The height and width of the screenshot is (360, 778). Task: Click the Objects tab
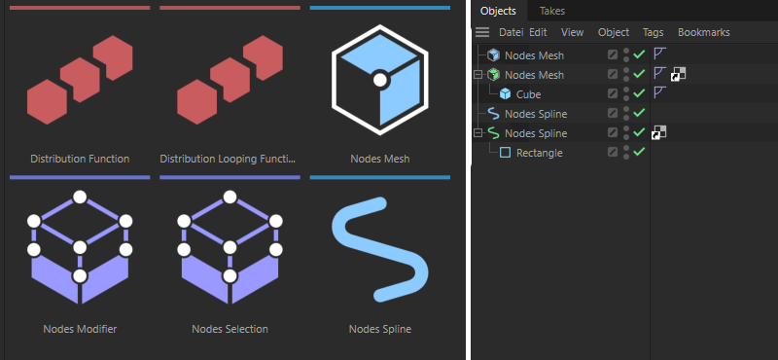(x=498, y=11)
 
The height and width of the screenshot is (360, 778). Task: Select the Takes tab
(x=552, y=11)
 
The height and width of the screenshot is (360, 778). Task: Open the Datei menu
(x=512, y=32)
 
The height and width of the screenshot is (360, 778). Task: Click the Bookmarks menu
(x=703, y=32)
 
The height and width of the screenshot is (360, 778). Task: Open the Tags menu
(x=653, y=32)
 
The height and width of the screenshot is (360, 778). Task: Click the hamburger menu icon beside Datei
(x=482, y=32)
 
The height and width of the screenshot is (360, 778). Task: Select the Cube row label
(x=528, y=94)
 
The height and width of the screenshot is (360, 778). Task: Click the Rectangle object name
(x=540, y=153)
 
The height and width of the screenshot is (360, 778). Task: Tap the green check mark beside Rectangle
(x=639, y=152)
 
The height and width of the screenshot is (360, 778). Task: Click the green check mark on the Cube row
(x=639, y=92)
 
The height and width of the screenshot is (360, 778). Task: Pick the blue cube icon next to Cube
(x=505, y=93)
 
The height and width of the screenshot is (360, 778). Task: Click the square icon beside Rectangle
(x=505, y=153)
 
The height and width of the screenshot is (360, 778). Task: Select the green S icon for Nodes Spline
(x=493, y=133)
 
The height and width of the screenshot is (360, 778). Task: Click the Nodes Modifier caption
(x=80, y=329)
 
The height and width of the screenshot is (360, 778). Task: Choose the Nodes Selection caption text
(x=230, y=329)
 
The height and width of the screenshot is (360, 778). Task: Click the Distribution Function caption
(x=80, y=159)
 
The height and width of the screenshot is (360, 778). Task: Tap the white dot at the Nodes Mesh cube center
(x=380, y=80)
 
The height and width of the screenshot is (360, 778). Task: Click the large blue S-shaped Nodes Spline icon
(x=380, y=250)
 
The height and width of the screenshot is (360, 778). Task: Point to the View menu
(x=572, y=32)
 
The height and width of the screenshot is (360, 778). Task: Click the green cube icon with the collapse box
(x=493, y=75)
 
